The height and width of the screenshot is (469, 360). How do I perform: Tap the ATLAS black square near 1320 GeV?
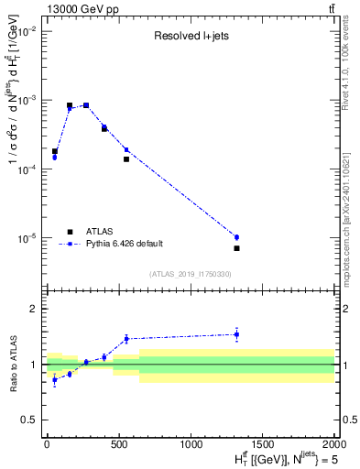[236, 248]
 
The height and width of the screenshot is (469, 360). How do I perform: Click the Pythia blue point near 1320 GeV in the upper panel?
[236, 237]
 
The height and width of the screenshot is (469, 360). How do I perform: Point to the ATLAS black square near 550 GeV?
[126, 159]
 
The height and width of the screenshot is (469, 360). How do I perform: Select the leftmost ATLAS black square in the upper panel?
[55, 151]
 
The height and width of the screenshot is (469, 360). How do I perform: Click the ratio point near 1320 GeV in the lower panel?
[236, 334]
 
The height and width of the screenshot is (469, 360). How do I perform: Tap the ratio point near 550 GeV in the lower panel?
[126, 339]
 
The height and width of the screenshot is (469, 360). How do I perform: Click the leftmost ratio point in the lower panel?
[55, 379]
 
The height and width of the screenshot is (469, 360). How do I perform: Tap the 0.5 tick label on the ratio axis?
[31, 420]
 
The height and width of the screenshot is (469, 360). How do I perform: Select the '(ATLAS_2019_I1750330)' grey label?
[191, 274]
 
